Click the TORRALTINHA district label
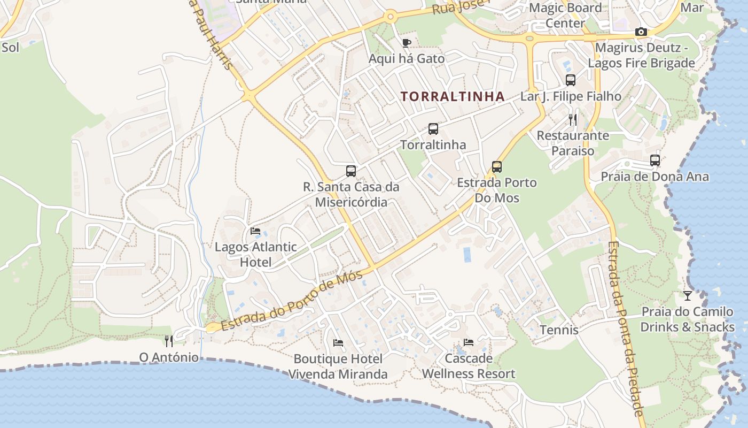tap(453, 96)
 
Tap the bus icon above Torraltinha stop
tap(433, 129)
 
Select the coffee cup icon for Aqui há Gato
tap(407, 43)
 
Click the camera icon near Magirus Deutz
tap(641, 32)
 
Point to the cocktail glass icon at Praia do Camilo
tap(688, 295)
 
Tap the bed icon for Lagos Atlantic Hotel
tap(255, 231)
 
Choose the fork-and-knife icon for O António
tap(169, 341)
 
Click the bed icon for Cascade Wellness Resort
tap(469, 342)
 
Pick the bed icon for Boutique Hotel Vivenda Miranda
tap(338, 342)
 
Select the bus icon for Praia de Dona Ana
tap(655, 160)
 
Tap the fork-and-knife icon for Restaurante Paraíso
tap(573, 119)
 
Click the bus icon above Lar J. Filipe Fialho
tap(571, 80)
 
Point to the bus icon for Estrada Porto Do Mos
tap(497, 166)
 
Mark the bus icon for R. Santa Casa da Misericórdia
tap(351, 171)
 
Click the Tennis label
tap(559, 330)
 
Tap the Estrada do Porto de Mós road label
tap(292, 301)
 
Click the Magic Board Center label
tap(565, 16)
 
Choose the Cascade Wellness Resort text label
tap(469, 366)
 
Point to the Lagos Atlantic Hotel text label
tap(255, 255)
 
